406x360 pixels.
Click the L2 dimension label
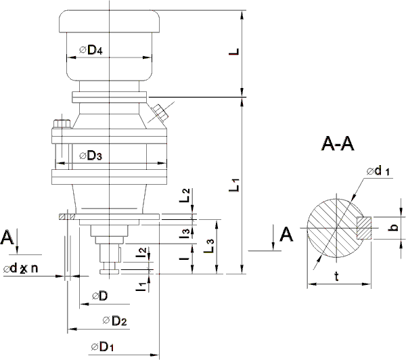pyautogui.click(x=185, y=197)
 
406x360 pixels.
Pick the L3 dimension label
pyautogui.click(x=210, y=245)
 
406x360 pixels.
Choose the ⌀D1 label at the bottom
pyautogui.click(x=101, y=347)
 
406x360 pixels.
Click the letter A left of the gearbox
pyautogui.click(x=7, y=238)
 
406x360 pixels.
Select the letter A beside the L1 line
pyautogui.click(x=286, y=234)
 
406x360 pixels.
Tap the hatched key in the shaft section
pyautogui.click(x=363, y=226)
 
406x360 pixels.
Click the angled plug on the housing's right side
pyautogui.click(x=160, y=112)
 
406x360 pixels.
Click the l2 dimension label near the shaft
pyautogui.click(x=141, y=254)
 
